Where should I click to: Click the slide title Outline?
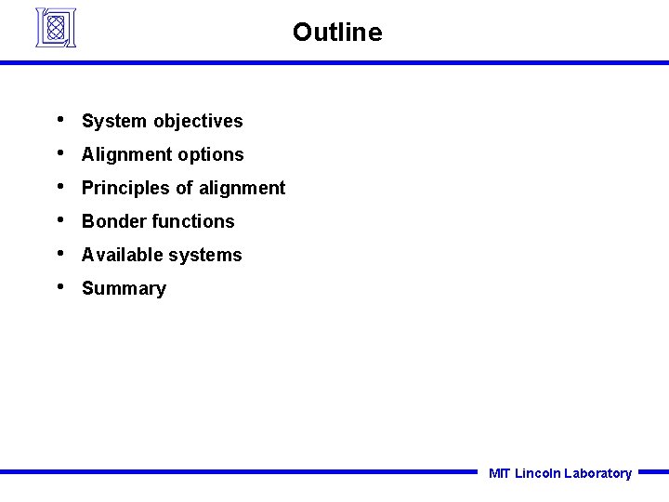[336, 33]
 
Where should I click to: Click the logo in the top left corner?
[56, 28]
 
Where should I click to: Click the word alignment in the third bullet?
[242, 188]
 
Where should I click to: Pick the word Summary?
[124, 289]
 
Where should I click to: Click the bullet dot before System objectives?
[59, 119]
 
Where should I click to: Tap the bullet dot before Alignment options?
[59, 152]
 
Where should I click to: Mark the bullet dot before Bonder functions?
[59, 219]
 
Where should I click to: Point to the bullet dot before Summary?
[59, 286]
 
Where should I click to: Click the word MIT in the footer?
[499, 473]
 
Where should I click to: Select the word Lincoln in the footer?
[537, 473]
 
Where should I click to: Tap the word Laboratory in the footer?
[597, 473]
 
